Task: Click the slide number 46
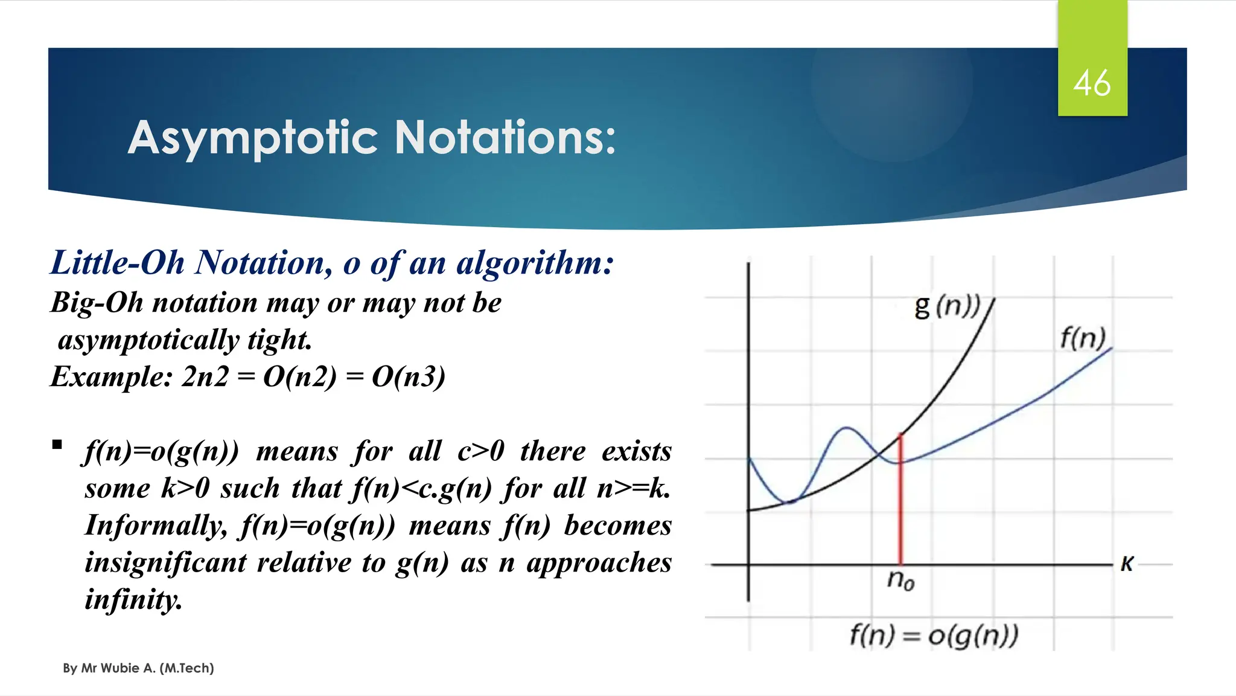click(1092, 83)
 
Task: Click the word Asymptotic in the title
click(253, 138)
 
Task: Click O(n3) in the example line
click(408, 376)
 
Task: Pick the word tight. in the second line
click(279, 340)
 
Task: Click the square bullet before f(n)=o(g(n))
click(57, 446)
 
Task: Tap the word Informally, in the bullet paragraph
click(156, 525)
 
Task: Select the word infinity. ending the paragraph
click(133, 599)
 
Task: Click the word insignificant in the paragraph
click(165, 562)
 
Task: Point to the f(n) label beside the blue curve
click(1083, 338)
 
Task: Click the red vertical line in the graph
click(900, 501)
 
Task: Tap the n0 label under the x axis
click(900, 580)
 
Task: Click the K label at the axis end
click(1127, 564)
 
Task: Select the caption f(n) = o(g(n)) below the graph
click(934, 635)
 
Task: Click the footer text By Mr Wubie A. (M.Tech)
click(138, 668)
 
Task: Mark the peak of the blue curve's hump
click(847, 428)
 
